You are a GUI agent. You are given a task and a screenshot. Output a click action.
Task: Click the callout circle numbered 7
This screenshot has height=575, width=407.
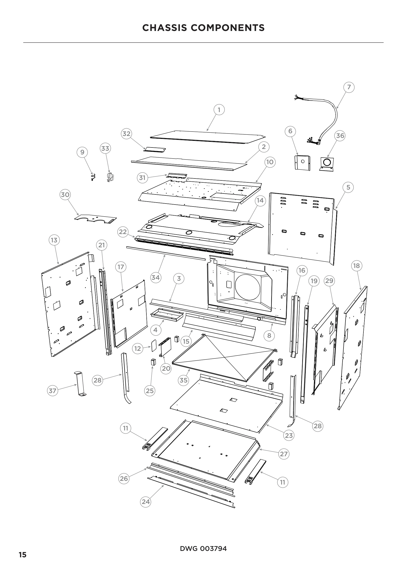click(x=349, y=87)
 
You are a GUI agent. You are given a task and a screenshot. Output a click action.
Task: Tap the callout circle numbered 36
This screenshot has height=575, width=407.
click(x=340, y=136)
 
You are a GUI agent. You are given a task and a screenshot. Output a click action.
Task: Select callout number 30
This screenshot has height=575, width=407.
click(x=65, y=195)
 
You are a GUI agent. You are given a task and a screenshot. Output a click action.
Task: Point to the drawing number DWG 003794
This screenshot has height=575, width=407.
click(x=203, y=549)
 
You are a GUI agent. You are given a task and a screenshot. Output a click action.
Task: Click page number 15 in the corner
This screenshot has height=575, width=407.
click(x=23, y=555)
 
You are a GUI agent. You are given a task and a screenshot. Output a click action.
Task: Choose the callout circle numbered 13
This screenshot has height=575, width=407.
click(x=54, y=240)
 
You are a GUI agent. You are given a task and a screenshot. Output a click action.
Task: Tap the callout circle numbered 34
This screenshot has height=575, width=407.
click(x=156, y=278)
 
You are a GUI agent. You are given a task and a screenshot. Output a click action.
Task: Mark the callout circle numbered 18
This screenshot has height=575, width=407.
click(x=356, y=266)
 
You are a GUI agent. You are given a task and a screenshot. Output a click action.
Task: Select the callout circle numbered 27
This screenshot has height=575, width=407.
click(x=284, y=454)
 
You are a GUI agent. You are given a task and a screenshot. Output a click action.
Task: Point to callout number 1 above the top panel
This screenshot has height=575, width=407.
click(x=219, y=110)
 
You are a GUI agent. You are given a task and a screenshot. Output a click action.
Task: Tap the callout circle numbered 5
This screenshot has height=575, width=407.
click(x=348, y=187)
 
